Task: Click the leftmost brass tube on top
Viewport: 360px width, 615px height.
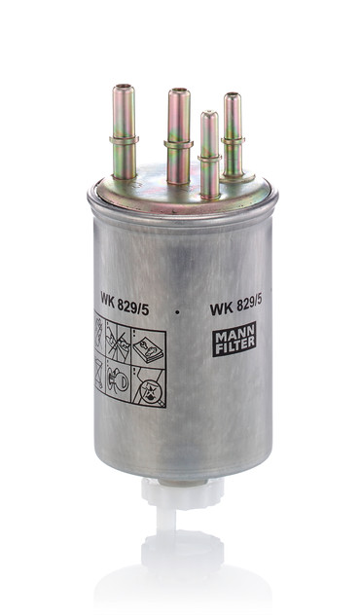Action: click(123, 136)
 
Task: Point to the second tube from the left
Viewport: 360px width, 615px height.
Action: click(178, 136)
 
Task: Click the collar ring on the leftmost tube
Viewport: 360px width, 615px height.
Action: click(123, 143)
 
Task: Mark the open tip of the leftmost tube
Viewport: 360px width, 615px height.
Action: click(123, 90)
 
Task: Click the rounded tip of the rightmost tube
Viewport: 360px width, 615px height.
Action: click(233, 97)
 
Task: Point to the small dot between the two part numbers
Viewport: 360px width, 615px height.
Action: click(178, 311)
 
